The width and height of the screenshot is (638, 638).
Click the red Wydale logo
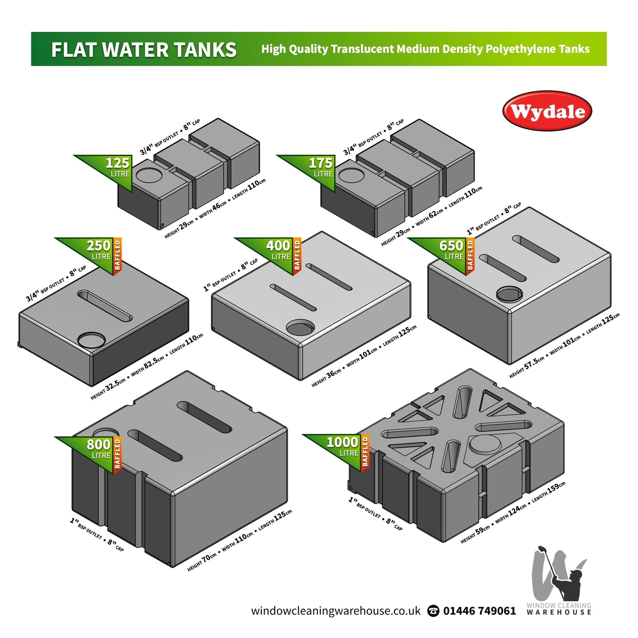click(547, 111)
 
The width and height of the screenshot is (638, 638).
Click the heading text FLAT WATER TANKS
click(144, 49)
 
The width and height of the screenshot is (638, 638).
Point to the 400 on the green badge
click(278, 246)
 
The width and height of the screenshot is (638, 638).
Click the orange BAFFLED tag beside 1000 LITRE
click(365, 451)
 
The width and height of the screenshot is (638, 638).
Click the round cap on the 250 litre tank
click(92, 339)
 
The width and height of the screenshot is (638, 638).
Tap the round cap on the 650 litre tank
click(510, 293)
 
